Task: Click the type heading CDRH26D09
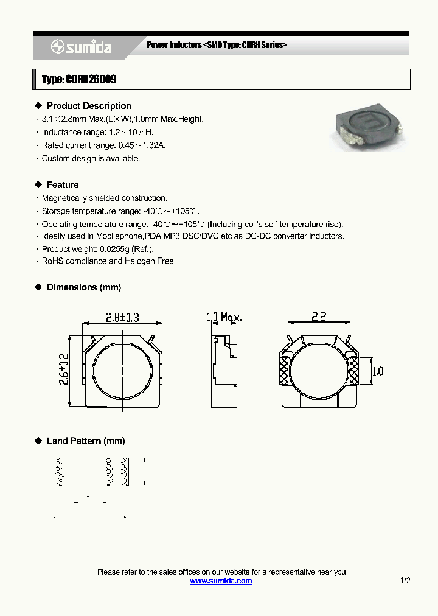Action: click(x=79, y=80)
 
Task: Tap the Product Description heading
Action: click(x=89, y=106)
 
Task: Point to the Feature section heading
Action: click(x=63, y=185)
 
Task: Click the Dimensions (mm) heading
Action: click(x=84, y=287)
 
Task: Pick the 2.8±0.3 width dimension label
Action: click(x=122, y=317)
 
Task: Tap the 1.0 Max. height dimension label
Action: click(x=224, y=317)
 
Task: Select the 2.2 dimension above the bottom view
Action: click(x=319, y=317)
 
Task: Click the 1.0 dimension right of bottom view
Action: click(x=378, y=371)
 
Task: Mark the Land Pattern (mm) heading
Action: click(x=86, y=441)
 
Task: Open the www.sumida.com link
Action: click(x=221, y=581)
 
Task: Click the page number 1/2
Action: click(x=405, y=581)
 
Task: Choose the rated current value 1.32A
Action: click(x=154, y=145)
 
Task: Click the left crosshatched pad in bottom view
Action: click(x=283, y=371)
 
